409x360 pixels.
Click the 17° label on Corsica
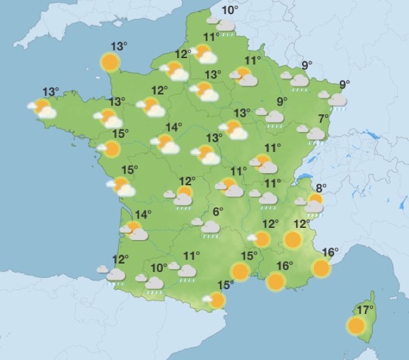tap(365, 310)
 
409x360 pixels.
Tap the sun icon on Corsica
tap(356, 326)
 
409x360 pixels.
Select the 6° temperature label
tap(218, 212)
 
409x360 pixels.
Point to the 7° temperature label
tap(324, 117)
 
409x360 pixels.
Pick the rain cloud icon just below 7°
tap(314, 134)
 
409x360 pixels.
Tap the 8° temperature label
tap(321, 188)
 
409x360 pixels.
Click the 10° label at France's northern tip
tap(230, 10)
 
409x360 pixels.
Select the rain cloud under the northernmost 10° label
tap(224, 26)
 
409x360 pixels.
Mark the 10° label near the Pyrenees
tap(158, 267)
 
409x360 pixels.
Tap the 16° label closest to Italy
tap(330, 252)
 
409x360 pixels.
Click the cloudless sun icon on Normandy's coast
tap(111, 62)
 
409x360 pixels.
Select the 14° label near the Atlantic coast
tap(143, 214)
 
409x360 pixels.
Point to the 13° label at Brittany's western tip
tap(50, 92)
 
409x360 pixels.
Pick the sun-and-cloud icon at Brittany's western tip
tap(43, 109)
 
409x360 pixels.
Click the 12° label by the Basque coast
tap(120, 259)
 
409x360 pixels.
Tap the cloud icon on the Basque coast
tap(114, 274)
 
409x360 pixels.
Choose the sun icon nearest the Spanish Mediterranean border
tap(217, 300)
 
